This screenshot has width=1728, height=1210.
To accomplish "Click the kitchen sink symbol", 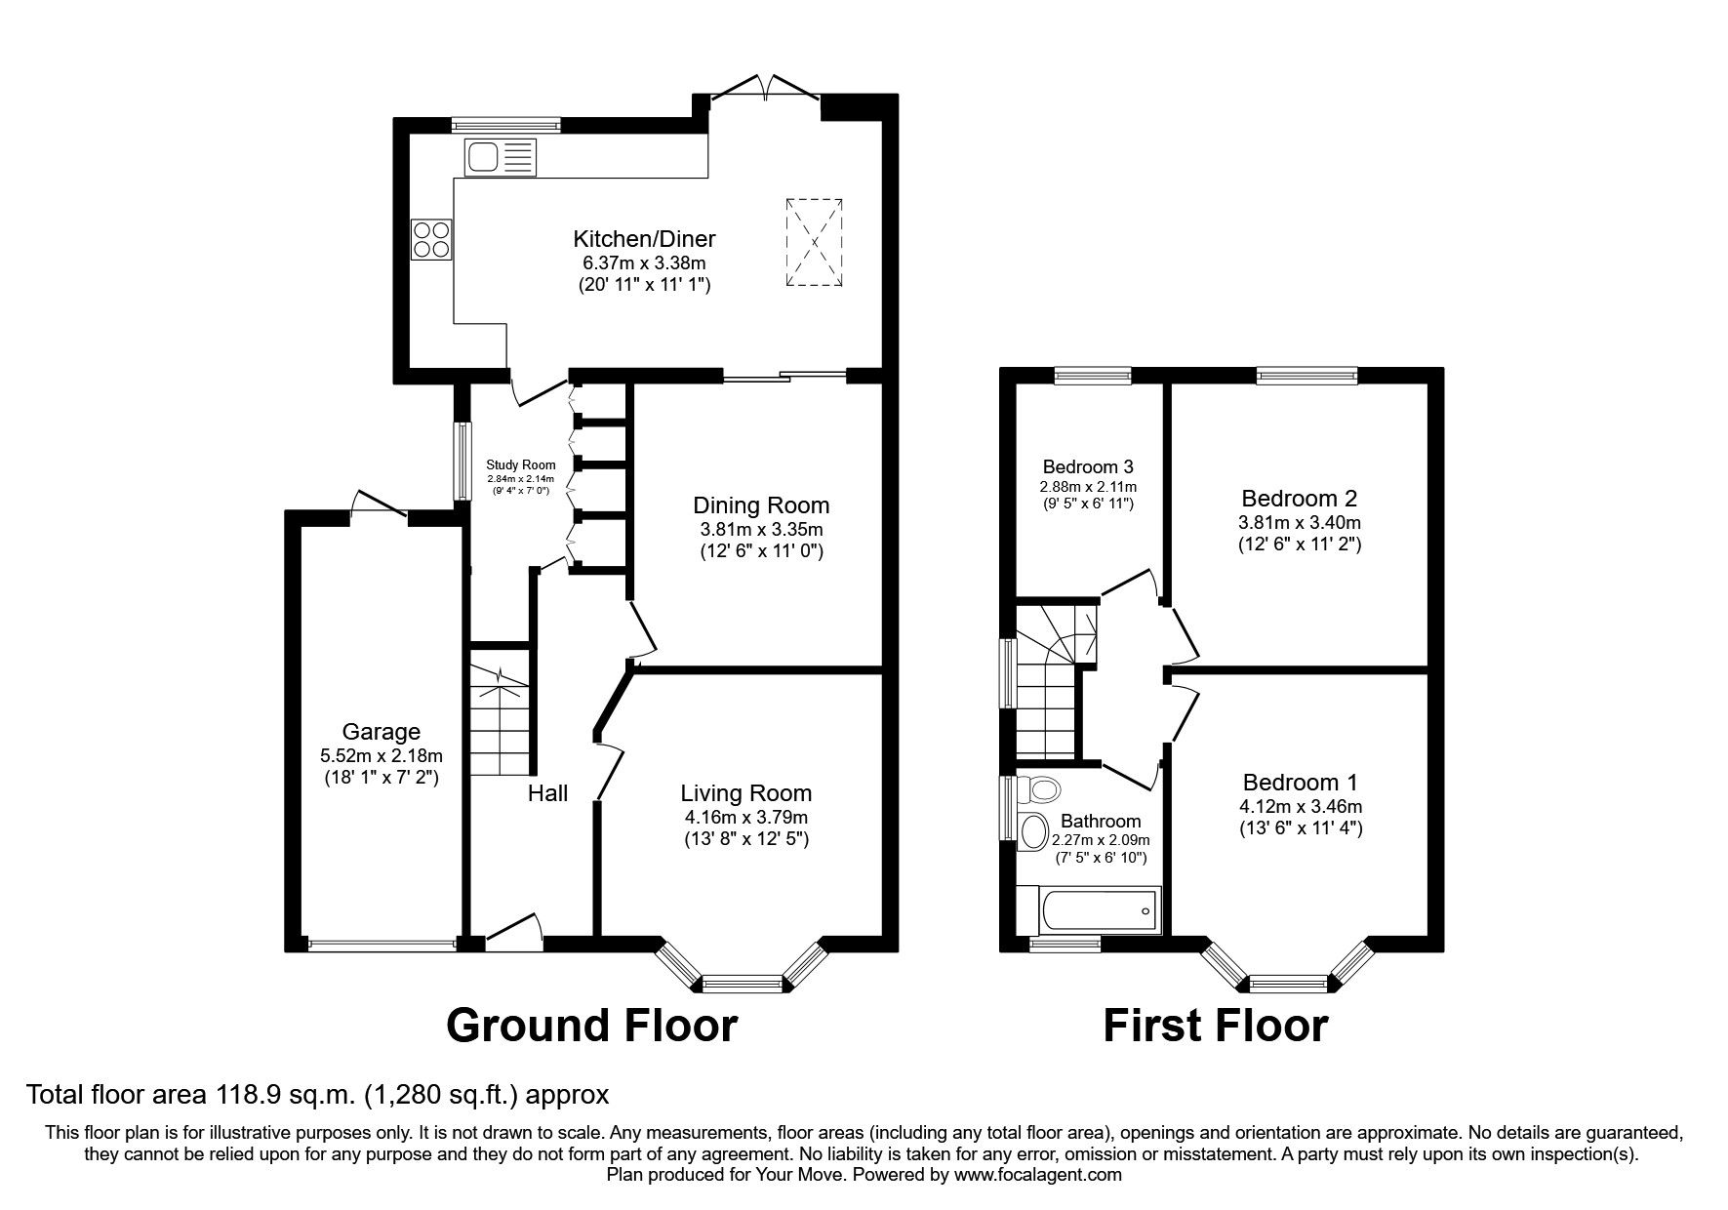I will [x=501, y=157].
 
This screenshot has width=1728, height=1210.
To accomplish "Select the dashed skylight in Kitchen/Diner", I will [x=814, y=242].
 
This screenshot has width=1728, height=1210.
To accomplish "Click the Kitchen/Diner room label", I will [x=644, y=239].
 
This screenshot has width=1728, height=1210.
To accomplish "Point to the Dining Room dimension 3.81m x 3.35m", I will [x=761, y=530].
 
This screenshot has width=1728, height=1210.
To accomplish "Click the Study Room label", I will [x=521, y=465].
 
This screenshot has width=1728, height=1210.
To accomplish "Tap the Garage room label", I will [x=382, y=732].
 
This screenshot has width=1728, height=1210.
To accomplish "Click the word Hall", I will [x=547, y=793].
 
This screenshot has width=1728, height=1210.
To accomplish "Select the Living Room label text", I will [x=746, y=793].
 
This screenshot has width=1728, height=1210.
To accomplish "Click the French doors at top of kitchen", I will [x=767, y=87].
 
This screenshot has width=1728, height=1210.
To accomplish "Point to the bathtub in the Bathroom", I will [x=1088, y=910].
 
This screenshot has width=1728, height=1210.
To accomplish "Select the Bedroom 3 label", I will [x=1088, y=466].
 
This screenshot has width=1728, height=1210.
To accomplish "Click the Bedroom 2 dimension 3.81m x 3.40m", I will [x=1299, y=523].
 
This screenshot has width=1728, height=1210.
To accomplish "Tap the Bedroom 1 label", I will [x=1300, y=783].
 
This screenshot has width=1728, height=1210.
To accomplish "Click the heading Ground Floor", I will [x=591, y=1027].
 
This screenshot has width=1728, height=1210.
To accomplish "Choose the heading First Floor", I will [x=1215, y=1027].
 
